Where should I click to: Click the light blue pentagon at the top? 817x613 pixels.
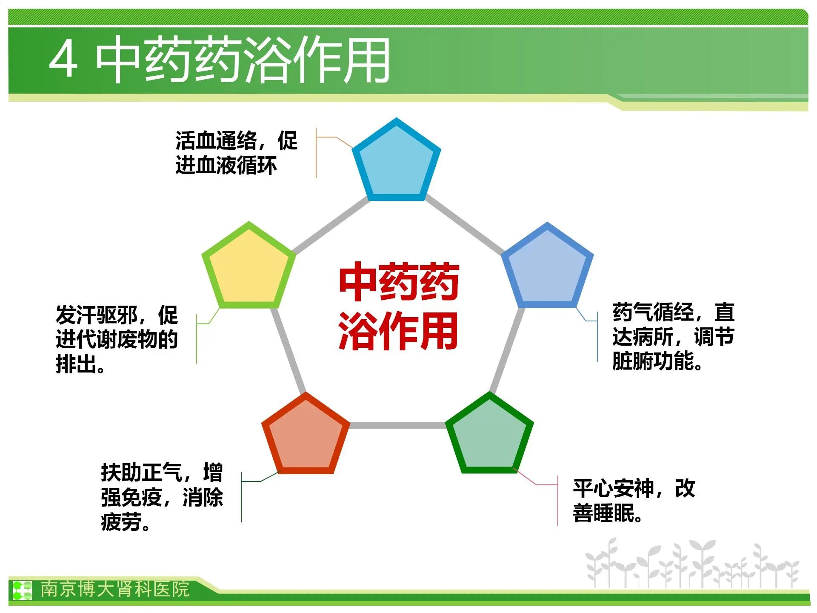(x=397, y=162)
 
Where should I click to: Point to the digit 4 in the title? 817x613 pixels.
(x=64, y=59)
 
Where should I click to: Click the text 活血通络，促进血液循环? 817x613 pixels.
(x=236, y=153)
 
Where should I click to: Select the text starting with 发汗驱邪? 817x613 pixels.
(x=117, y=339)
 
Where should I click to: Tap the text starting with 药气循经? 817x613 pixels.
(x=673, y=337)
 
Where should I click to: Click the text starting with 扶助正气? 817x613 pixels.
(x=162, y=497)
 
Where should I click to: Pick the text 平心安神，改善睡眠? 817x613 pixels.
(x=634, y=501)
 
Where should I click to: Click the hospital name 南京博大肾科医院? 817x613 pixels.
(x=115, y=589)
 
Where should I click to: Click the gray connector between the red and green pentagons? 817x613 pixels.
(x=398, y=425)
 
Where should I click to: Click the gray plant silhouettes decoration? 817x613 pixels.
(x=692, y=564)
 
